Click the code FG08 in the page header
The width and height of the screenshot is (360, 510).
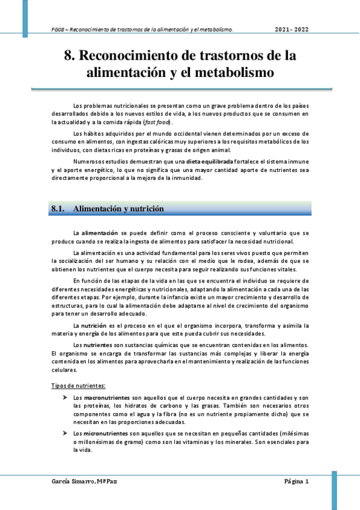pos(58,29)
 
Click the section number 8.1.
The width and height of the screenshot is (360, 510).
pos(58,209)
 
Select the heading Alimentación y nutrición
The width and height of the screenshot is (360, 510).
pos(118,209)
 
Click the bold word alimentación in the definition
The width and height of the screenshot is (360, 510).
pos(100,232)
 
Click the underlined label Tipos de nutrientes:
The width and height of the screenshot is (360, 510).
pos(79,386)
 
